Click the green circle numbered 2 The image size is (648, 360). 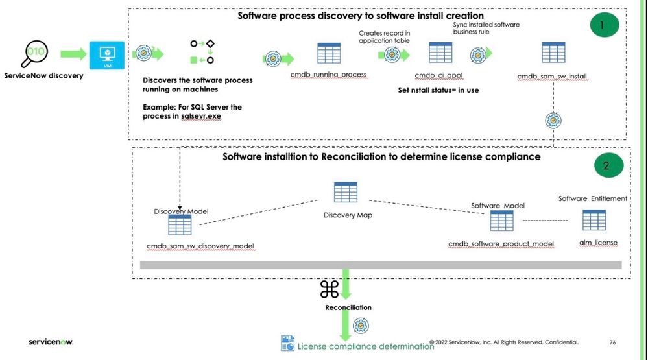point(606,165)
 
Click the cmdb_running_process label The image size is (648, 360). point(330,76)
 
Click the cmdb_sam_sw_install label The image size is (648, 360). point(552,77)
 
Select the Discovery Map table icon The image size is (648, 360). point(345,193)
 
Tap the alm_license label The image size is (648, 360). point(597,243)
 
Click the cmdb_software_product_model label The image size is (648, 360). point(501,244)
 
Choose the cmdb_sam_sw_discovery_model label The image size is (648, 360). point(200,246)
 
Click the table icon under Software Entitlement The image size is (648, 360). point(594,221)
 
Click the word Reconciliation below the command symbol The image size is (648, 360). point(348,307)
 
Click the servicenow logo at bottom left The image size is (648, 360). point(51,341)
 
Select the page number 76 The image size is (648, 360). point(613,342)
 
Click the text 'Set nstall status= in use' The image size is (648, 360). point(438,90)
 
